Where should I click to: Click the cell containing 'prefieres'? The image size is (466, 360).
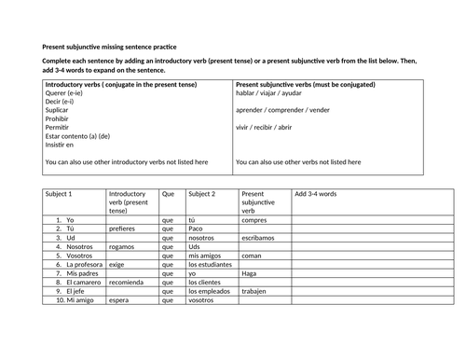(122, 228)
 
